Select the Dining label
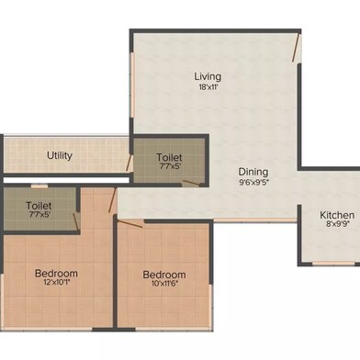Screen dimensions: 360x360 253,171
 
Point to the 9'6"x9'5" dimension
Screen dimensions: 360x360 253,182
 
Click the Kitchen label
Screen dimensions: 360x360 336,215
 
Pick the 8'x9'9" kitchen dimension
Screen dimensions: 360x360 336,226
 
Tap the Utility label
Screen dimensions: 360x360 60,155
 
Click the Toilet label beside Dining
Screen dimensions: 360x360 170,157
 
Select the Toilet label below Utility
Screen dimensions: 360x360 39,207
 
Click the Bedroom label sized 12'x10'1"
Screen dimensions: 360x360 56,273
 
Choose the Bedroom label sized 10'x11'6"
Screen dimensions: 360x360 164,274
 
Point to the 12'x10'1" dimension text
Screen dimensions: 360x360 56,284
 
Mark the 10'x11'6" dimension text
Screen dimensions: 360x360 164,285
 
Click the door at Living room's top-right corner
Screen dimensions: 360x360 296,49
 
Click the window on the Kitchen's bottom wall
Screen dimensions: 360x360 333,262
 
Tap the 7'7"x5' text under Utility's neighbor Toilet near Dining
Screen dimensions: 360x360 170,167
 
